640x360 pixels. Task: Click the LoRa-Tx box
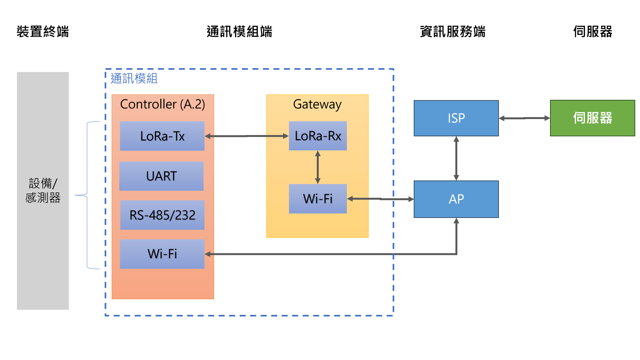pos(162,136)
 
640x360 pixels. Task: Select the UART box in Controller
pos(161,176)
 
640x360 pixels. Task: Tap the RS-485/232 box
pos(162,215)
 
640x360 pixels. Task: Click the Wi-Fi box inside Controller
pos(162,254)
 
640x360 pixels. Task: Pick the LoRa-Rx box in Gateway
pos(318,136)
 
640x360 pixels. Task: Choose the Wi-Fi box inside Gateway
pos(318,199)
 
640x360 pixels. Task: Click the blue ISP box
pos(456,118)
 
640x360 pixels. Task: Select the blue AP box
pos(456,199)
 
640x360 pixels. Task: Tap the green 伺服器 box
pos(592,118)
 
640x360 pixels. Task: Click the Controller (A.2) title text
pos(163,104)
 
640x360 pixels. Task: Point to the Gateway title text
pos(317,104)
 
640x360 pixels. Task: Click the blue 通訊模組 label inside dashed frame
pos(134,78)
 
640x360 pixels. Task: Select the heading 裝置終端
pos(43,32)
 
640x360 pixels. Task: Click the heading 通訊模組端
pos(239,32)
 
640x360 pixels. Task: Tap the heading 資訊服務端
pos(452,32)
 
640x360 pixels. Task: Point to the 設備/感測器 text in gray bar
pos(43,190)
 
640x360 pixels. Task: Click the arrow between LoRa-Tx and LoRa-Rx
pos(246,136)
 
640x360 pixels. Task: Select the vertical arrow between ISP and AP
pos(456,158)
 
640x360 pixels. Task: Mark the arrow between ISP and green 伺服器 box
pos(524,118)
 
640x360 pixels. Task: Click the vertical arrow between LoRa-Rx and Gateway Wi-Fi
pos(318,167)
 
